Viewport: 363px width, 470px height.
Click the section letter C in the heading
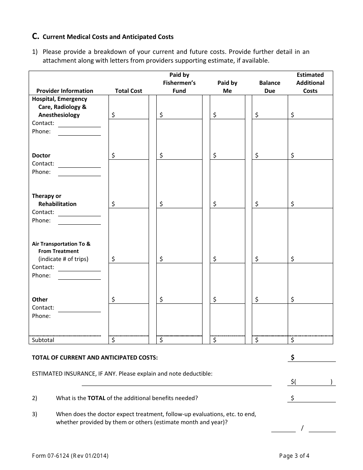coord(35,37)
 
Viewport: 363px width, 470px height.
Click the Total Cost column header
coord(128,91)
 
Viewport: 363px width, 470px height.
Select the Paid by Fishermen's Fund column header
coord(179,83)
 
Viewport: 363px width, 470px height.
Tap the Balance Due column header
coord(269,87)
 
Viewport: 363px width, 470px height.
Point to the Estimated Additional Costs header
coord(310,83)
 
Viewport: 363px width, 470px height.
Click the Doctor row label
coord(41,155)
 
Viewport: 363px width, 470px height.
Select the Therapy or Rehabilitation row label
coord(54,200)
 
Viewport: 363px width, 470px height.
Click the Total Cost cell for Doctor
coord(128,155)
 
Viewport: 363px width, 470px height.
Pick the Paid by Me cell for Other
coord(227,299)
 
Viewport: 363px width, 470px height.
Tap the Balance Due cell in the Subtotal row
coord(269,340)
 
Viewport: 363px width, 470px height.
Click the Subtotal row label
coord(43,340)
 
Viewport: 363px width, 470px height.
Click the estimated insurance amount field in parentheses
coord(313,381)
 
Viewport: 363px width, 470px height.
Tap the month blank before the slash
coord(283,428)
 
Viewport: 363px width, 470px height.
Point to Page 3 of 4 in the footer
coord(294,455)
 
